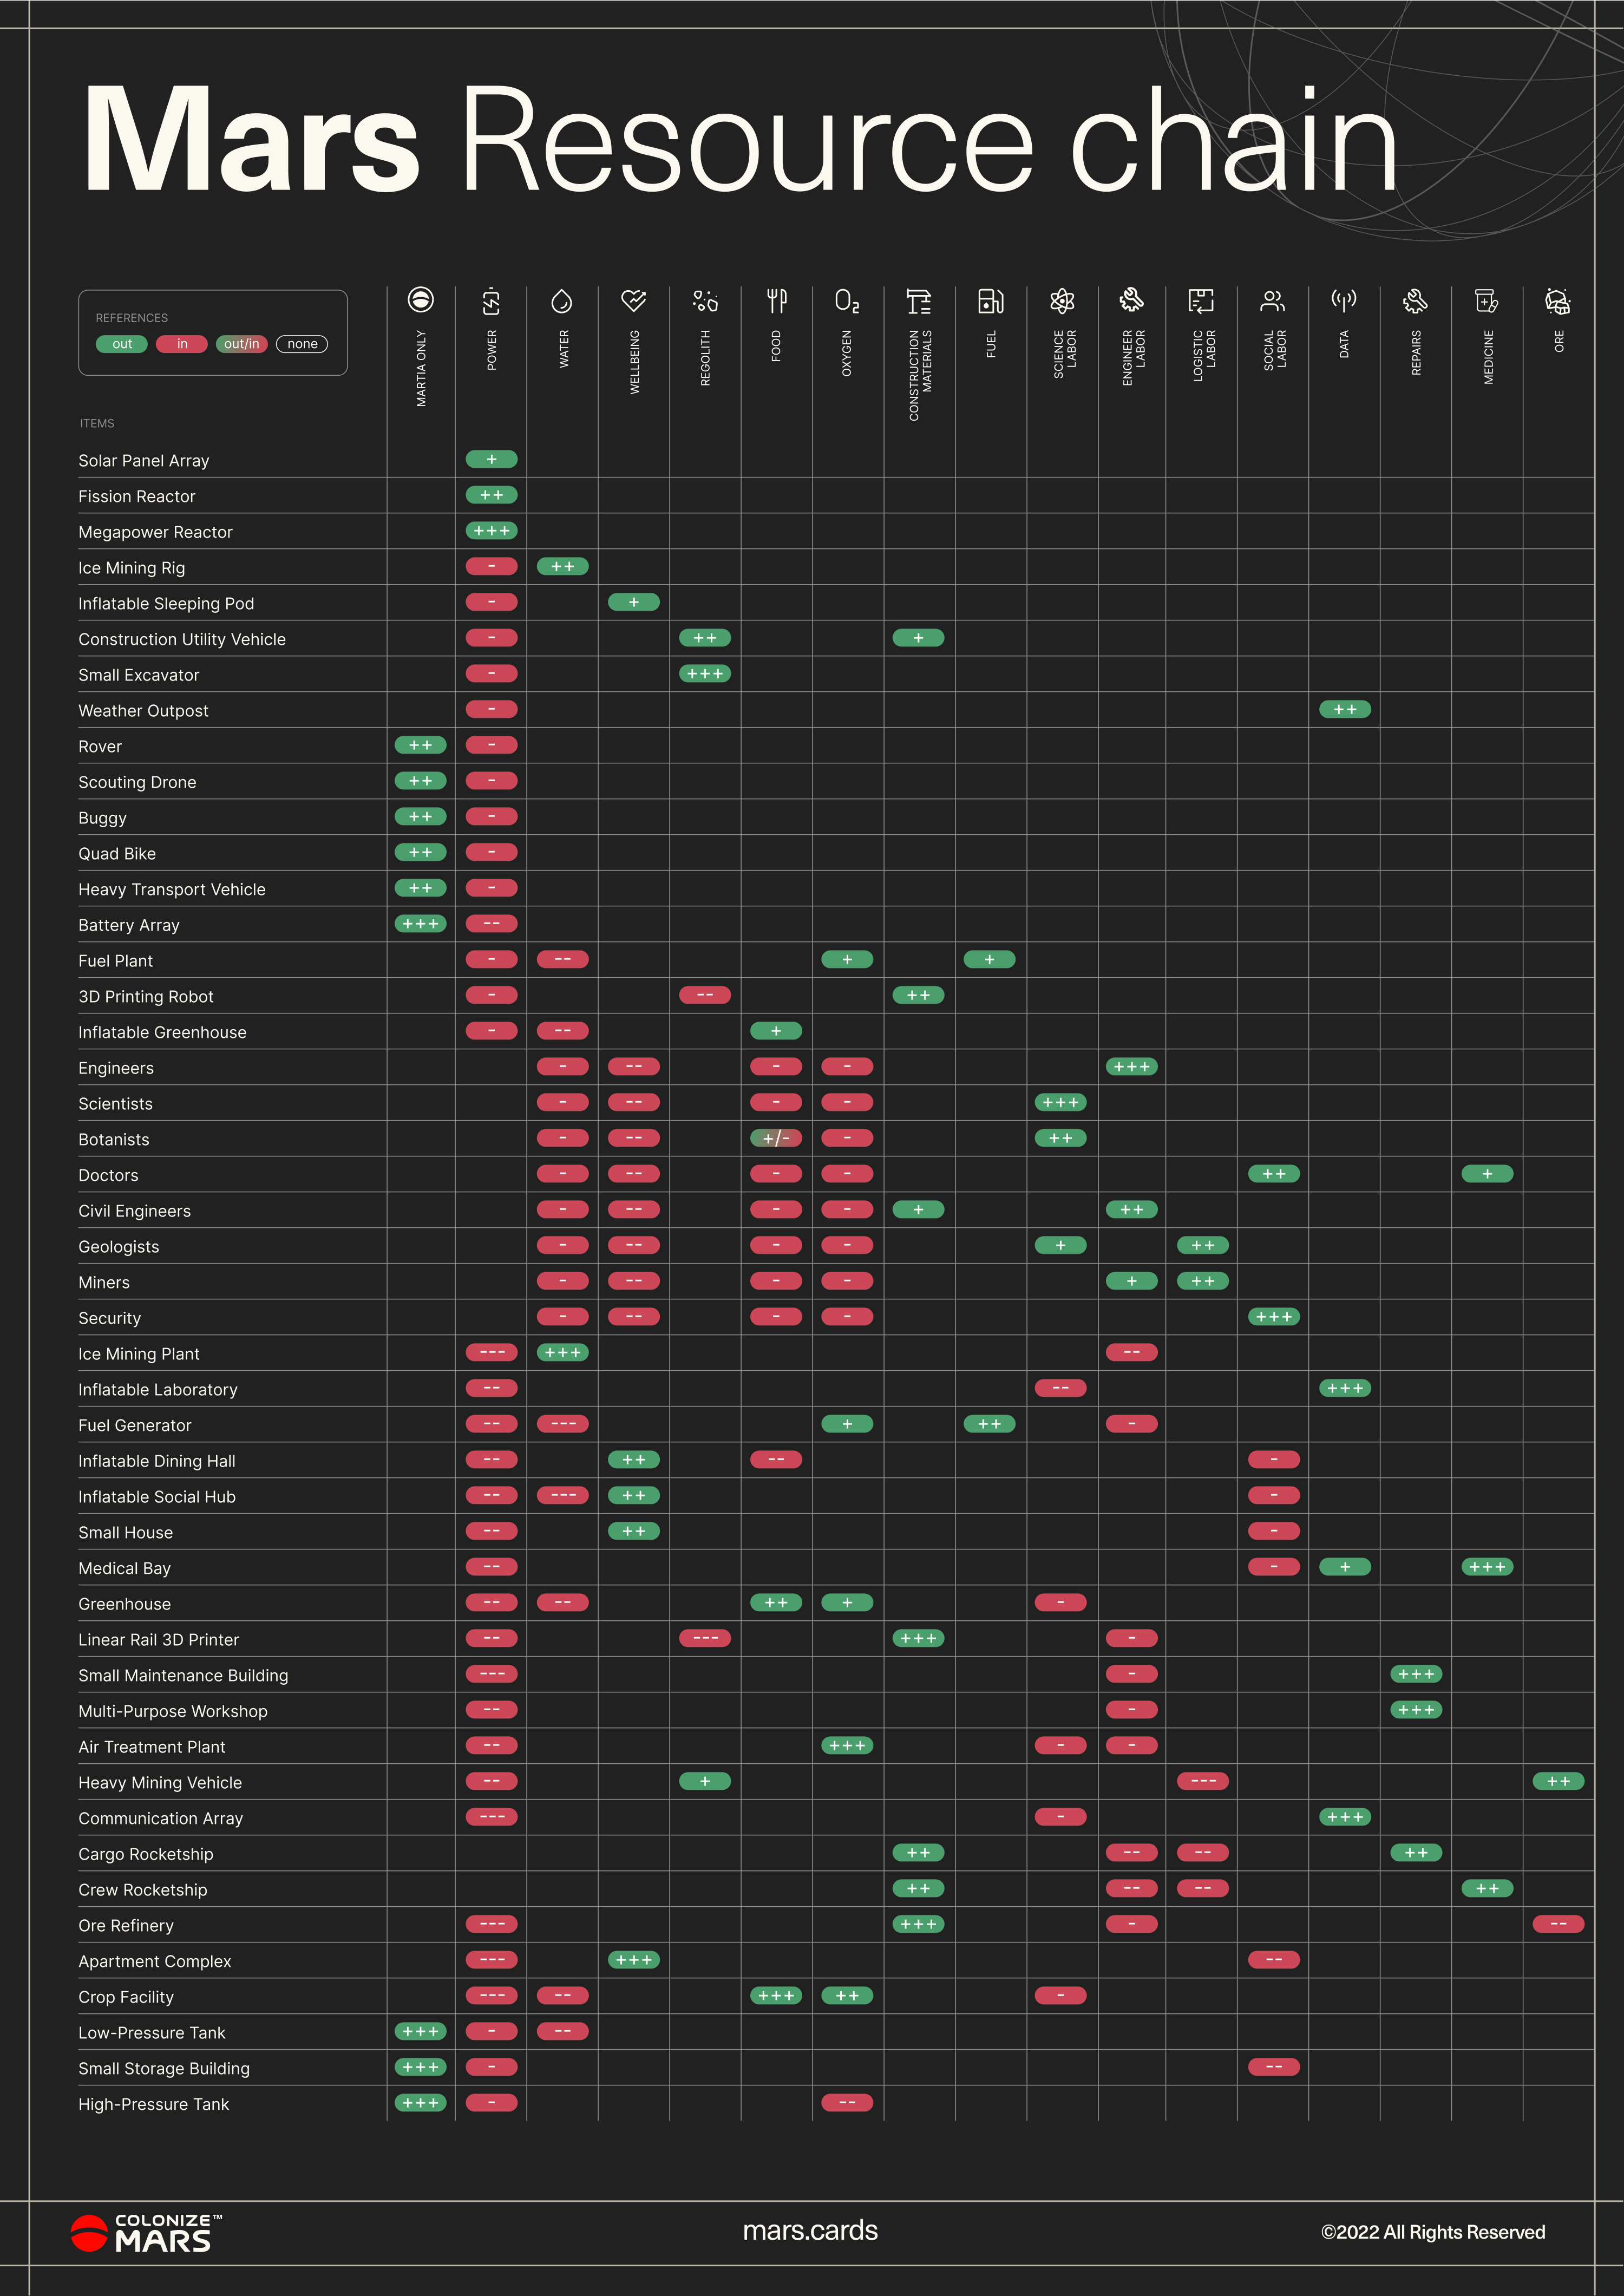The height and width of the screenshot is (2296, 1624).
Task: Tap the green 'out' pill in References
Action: coord(122,344)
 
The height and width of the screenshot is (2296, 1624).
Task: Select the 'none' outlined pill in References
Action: coord(302,344)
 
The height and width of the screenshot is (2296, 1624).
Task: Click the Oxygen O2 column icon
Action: coord(847,300)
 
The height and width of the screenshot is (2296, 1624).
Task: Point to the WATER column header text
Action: coord(563,349)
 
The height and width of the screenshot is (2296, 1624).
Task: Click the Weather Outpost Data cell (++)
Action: coord(1345,709)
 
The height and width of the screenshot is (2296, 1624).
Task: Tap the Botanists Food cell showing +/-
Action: coord(776,1138)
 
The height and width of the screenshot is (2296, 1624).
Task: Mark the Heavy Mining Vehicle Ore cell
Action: coord(1558,1781)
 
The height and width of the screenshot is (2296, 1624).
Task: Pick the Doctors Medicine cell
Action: coord(1487,1174)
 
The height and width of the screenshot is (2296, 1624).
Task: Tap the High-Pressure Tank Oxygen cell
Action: coord(847,2102)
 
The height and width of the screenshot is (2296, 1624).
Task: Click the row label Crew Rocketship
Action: coord(143,1890)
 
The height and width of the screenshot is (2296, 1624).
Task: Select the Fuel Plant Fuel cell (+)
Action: coord(989,959)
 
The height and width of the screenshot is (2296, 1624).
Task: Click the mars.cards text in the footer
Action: coord(810,2231)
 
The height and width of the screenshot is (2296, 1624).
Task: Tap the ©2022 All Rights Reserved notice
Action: coord(1433,2232)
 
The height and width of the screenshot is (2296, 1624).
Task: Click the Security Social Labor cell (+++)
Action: coord(1274,1317)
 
